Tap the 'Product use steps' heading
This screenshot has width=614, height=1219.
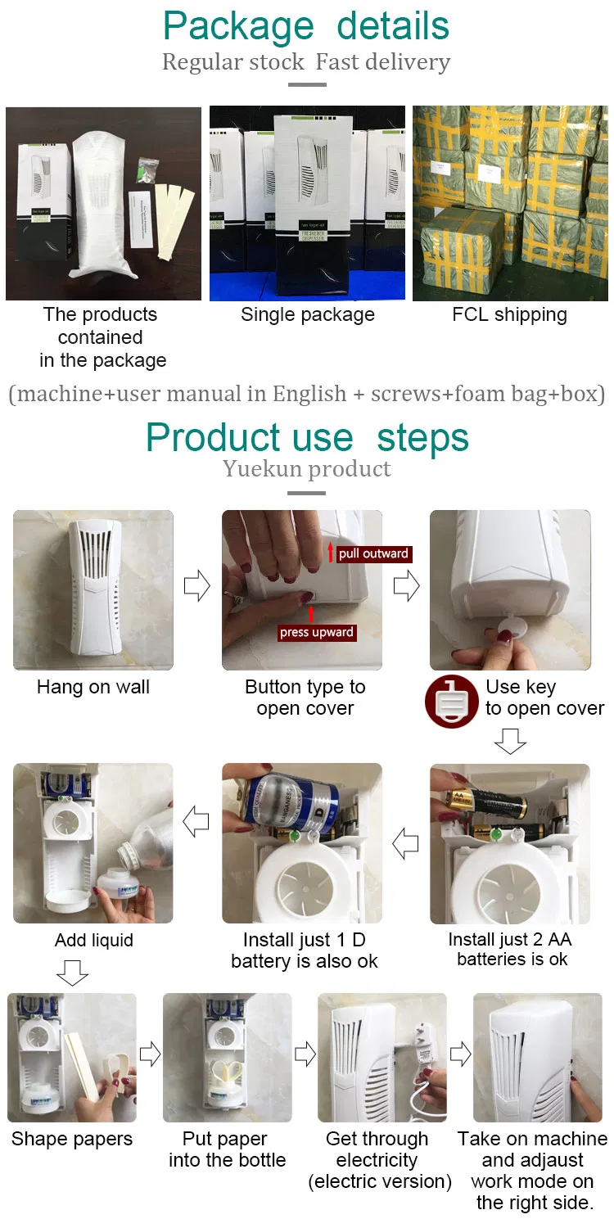click(307, 438)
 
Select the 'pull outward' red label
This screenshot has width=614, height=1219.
click(372, 554)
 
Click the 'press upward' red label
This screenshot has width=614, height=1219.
click(316, 632)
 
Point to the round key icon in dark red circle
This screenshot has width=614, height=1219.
click(451, 701)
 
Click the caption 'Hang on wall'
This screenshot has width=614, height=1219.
click(93, 688)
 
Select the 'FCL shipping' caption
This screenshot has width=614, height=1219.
click(509, 315)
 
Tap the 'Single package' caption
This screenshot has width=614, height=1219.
click(308, 315)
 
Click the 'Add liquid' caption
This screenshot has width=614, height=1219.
click(93, 941)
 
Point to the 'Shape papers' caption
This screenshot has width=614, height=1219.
click(72, 1140)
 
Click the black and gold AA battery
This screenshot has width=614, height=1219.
click(486, 804)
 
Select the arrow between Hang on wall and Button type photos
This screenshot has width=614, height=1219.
click(197, 586)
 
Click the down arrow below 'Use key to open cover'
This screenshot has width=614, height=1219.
click(510, 741)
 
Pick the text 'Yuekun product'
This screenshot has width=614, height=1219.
click(307, 469)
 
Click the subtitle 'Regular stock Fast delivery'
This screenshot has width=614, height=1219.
click(306, 62)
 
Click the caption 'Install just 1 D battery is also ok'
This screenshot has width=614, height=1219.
click(305, 950)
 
